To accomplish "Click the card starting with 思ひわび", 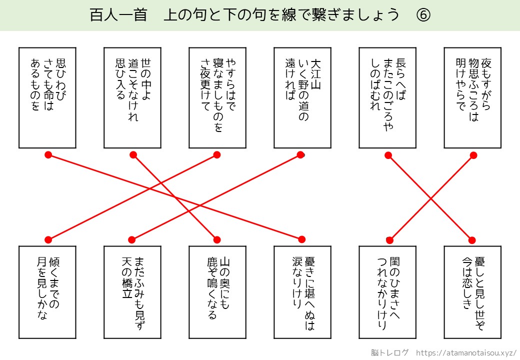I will click(47, 98).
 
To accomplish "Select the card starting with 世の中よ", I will click(132, 98).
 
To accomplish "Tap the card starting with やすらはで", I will click(217, 98).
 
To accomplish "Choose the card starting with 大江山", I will click(302, 98).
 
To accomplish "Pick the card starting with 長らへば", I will click(387, 98).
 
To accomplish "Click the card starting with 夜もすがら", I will click(472, 98).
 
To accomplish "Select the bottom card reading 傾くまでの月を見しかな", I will click(47, 293).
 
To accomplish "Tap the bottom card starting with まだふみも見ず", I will click(132, 293).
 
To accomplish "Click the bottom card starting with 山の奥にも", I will click(217, 293).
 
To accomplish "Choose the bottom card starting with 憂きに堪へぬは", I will click(302, 293).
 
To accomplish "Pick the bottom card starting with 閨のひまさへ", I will click(387, 293).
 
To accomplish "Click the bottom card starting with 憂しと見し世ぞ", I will click(472, 293).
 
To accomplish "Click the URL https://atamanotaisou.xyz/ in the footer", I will click(466, 352).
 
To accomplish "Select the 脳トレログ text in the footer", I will click(390, 352).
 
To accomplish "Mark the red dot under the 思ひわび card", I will click(48, 155).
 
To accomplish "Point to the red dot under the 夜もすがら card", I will click(473, 155).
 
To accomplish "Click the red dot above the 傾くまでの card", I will click(48, 239).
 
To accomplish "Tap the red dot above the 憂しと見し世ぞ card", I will click(471, 239).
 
